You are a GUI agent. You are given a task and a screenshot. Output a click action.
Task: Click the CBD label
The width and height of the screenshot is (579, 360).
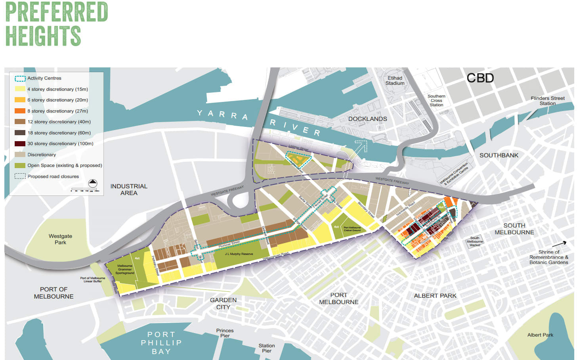point(480,78)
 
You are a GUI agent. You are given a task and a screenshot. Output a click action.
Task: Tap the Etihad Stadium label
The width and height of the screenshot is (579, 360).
point(395,81)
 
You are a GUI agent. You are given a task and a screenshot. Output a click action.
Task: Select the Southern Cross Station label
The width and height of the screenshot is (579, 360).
point(436,100)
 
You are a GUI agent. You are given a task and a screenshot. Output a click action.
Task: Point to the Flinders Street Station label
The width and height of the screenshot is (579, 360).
point(548,101)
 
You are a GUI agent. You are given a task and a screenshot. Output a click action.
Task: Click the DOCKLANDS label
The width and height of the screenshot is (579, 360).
point(367,119)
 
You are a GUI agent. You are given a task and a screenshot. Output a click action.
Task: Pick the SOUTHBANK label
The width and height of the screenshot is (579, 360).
point(499,155)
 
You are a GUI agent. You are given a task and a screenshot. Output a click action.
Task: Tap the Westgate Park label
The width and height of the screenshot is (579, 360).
point(60,239)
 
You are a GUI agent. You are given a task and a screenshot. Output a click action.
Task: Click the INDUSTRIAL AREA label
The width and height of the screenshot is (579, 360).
point(129,190)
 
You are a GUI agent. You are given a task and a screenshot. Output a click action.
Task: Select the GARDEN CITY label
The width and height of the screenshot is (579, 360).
point(223,304)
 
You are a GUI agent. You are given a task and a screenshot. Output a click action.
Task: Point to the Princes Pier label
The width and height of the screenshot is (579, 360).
point(225,333)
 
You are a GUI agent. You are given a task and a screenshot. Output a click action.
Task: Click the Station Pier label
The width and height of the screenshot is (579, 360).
point(267,348)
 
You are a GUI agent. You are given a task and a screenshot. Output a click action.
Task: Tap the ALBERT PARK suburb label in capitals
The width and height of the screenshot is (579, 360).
point(435,296)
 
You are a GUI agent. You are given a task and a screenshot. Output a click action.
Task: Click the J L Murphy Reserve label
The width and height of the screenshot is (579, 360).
point(239,254)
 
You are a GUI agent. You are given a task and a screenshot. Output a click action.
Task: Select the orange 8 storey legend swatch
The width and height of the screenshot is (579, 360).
point(20,111)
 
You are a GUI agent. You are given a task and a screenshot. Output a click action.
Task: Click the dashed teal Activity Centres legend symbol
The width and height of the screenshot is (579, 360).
point(20,79)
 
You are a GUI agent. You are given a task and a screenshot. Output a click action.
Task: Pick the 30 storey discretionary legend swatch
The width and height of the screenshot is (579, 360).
point(20,144)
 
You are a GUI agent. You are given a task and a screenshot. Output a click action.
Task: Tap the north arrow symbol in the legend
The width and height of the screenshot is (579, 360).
point(92,183)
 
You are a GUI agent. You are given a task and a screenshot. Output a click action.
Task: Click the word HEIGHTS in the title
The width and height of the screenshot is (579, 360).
point(43,36)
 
